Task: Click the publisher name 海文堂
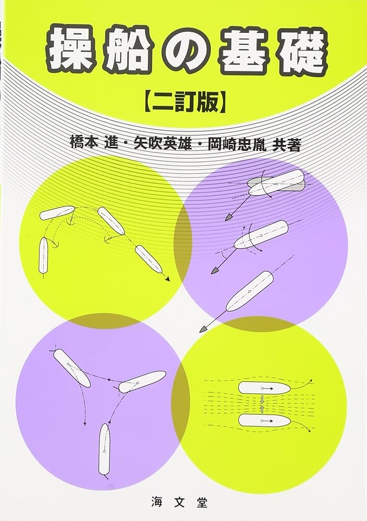[184, 503]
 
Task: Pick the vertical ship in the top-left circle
[43, 255]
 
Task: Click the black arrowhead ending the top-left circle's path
[168, 280]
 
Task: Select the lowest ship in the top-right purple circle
[250, 291]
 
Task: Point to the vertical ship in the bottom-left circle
[105, 449]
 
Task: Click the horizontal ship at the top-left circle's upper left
[57, 213]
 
